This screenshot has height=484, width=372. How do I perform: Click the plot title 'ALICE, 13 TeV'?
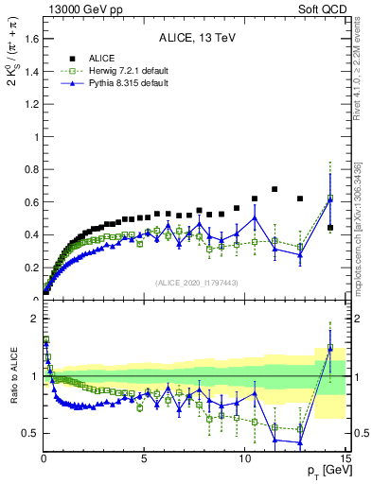pos(194,39)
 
